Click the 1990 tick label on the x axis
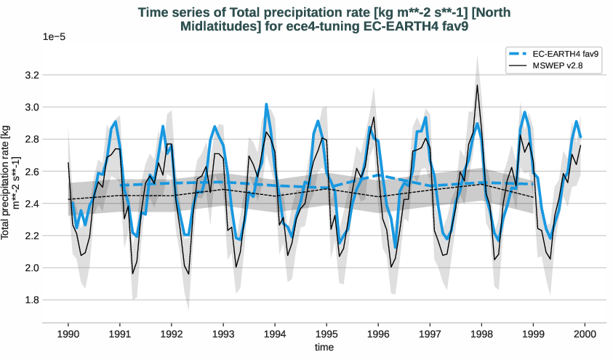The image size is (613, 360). [68, 334]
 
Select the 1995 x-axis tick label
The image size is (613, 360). [326, 334]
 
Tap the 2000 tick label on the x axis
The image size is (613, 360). [585, 334]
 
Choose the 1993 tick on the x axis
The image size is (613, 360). [223, 334]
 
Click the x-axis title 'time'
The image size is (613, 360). [324, 348]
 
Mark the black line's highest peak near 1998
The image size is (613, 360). [477, 85]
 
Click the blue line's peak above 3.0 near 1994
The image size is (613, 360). [266, 104]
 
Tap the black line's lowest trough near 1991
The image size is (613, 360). [132, 273]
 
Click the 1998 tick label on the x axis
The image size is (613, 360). [481, 334]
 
